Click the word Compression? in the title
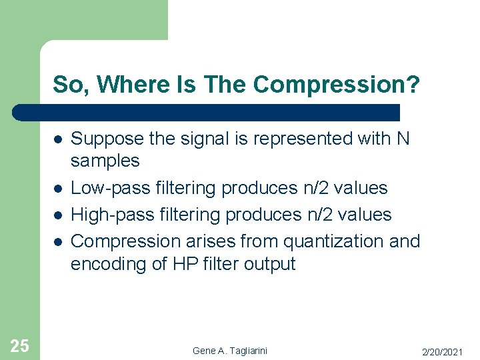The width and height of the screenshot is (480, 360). coord(337,85)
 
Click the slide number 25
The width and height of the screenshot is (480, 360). coord(19,345)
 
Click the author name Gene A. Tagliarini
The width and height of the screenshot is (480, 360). coord(230,351)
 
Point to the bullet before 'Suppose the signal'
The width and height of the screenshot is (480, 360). coord(59,139)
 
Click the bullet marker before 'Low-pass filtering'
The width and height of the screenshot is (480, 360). coord(59,189)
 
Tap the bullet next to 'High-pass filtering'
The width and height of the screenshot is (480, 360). coord(59,215)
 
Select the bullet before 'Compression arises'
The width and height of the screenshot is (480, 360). coord(59,241)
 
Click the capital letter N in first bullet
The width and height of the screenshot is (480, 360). coord(403,139)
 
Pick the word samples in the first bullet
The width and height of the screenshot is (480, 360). coord(105,161)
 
